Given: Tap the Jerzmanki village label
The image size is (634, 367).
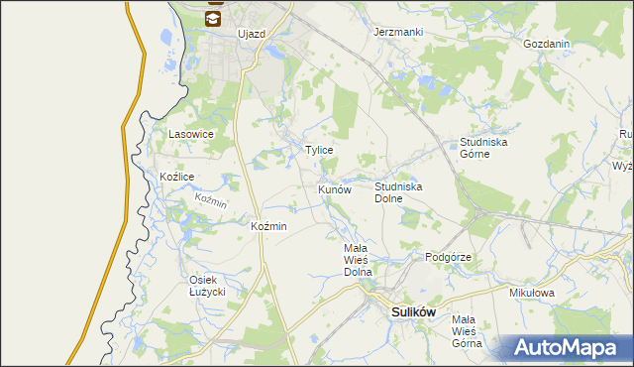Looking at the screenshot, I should pyautogui.click(x=398, y=32).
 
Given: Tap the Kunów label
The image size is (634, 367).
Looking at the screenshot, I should pyautogui.click(x=335, y=188).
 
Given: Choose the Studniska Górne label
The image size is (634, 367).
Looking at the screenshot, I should pyautogui.click(x=483, y=148).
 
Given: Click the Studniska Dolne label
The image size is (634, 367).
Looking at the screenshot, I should pyautogui.click(x=399, y=191).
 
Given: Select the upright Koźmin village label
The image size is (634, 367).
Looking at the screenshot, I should pyautogui.click(x=269, y=226).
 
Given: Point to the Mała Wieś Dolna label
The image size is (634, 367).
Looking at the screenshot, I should pyautogui.click(x=357, y=259).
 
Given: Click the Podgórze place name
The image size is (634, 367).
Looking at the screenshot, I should pyautogui.click(x=448, y=257).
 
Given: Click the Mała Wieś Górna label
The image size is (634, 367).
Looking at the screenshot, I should pyautogui.click(x=466, y=331).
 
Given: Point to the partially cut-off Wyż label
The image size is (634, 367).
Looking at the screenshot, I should pyautogui.click(x=623, y=167).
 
